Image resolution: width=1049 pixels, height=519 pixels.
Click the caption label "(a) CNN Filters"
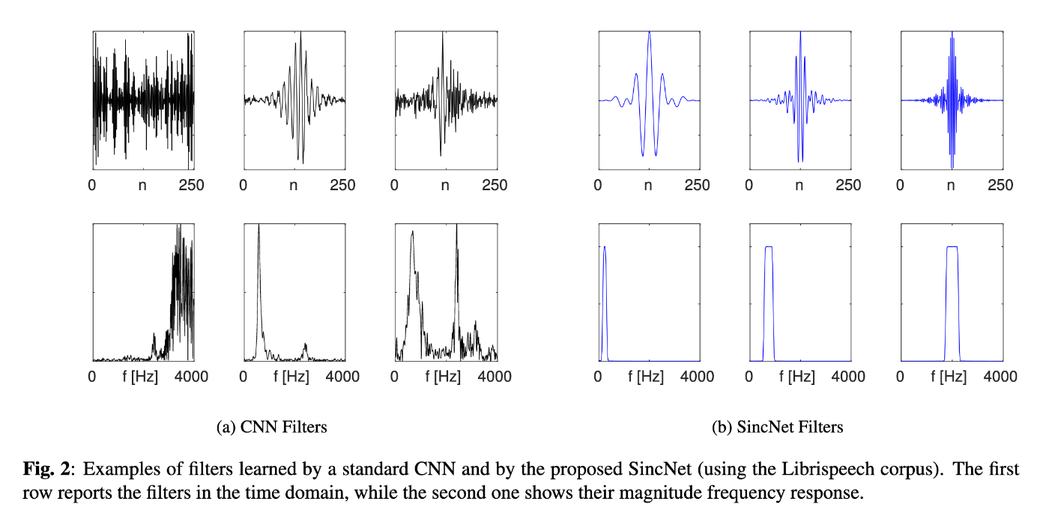[x=271, y=427]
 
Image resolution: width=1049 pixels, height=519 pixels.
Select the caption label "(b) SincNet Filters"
[x=778, y=427]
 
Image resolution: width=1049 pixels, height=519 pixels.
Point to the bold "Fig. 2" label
[x=49, y=470]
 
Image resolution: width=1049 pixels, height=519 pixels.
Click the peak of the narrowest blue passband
[x=605, y=248]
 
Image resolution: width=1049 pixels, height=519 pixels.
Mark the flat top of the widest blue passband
[x=952, y=246]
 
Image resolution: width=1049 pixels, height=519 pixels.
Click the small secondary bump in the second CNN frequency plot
[x=305, y=345]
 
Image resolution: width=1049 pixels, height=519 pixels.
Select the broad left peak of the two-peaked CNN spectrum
[x=411, y=234]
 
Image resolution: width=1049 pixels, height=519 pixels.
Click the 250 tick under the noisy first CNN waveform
[x=192, y=185]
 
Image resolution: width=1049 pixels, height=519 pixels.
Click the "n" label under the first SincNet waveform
[x=649, y=185]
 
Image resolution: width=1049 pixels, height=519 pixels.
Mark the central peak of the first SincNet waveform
[x=649, y=33]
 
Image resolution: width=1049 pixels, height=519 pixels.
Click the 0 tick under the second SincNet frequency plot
[x=751, y=376]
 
